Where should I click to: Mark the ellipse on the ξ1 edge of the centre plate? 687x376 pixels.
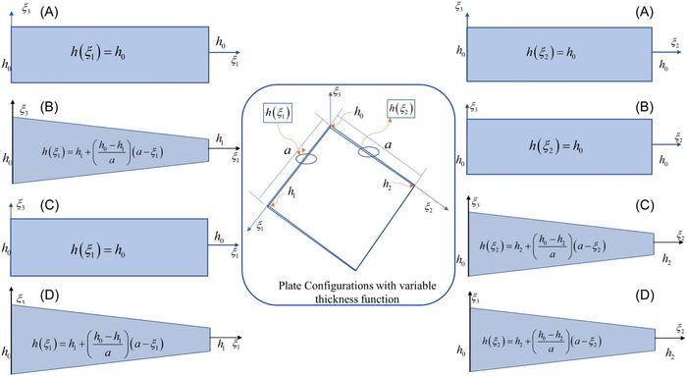(x=304, y=159)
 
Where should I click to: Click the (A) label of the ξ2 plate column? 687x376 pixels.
(x=644, y=13)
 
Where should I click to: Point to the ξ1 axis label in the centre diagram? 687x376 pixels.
(x=259, y=228)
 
